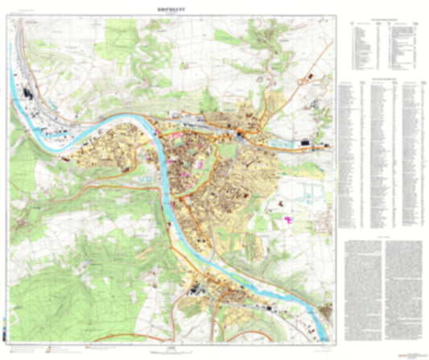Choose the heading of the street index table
[382, 81]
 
